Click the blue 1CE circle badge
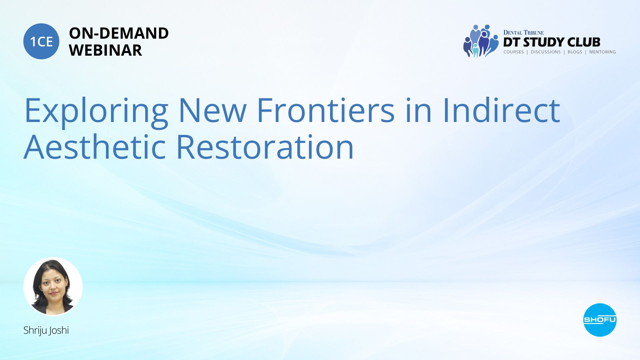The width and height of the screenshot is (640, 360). [x=41, y=41]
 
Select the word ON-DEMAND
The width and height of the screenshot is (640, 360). [x=119, y=33]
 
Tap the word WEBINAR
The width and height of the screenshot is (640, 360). [x=105, y=50]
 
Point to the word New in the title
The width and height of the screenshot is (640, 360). [x=213, y=110]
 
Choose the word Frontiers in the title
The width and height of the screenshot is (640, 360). [x=326, y=110]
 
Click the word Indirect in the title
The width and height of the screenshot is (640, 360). [x=501, y=110]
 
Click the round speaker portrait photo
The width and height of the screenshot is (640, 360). [x=53, y=286]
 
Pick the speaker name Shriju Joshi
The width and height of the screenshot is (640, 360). [x=46, y=330]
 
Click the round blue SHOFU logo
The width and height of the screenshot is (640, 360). [x=600, y=320]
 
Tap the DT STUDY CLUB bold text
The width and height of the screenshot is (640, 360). [x=552, y=42]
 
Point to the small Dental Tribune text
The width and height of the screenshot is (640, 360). [x=523, y=32]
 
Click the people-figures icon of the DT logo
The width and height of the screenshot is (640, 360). [x=481, y=41]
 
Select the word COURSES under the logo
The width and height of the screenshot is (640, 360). [x=514, y=52]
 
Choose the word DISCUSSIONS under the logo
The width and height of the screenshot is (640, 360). [x=546, y=52]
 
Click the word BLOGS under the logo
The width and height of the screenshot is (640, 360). [x=575, y=52]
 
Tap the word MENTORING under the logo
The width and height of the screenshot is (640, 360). [x=602, y=52]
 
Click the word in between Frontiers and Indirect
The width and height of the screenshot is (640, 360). [x=419, y=110]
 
